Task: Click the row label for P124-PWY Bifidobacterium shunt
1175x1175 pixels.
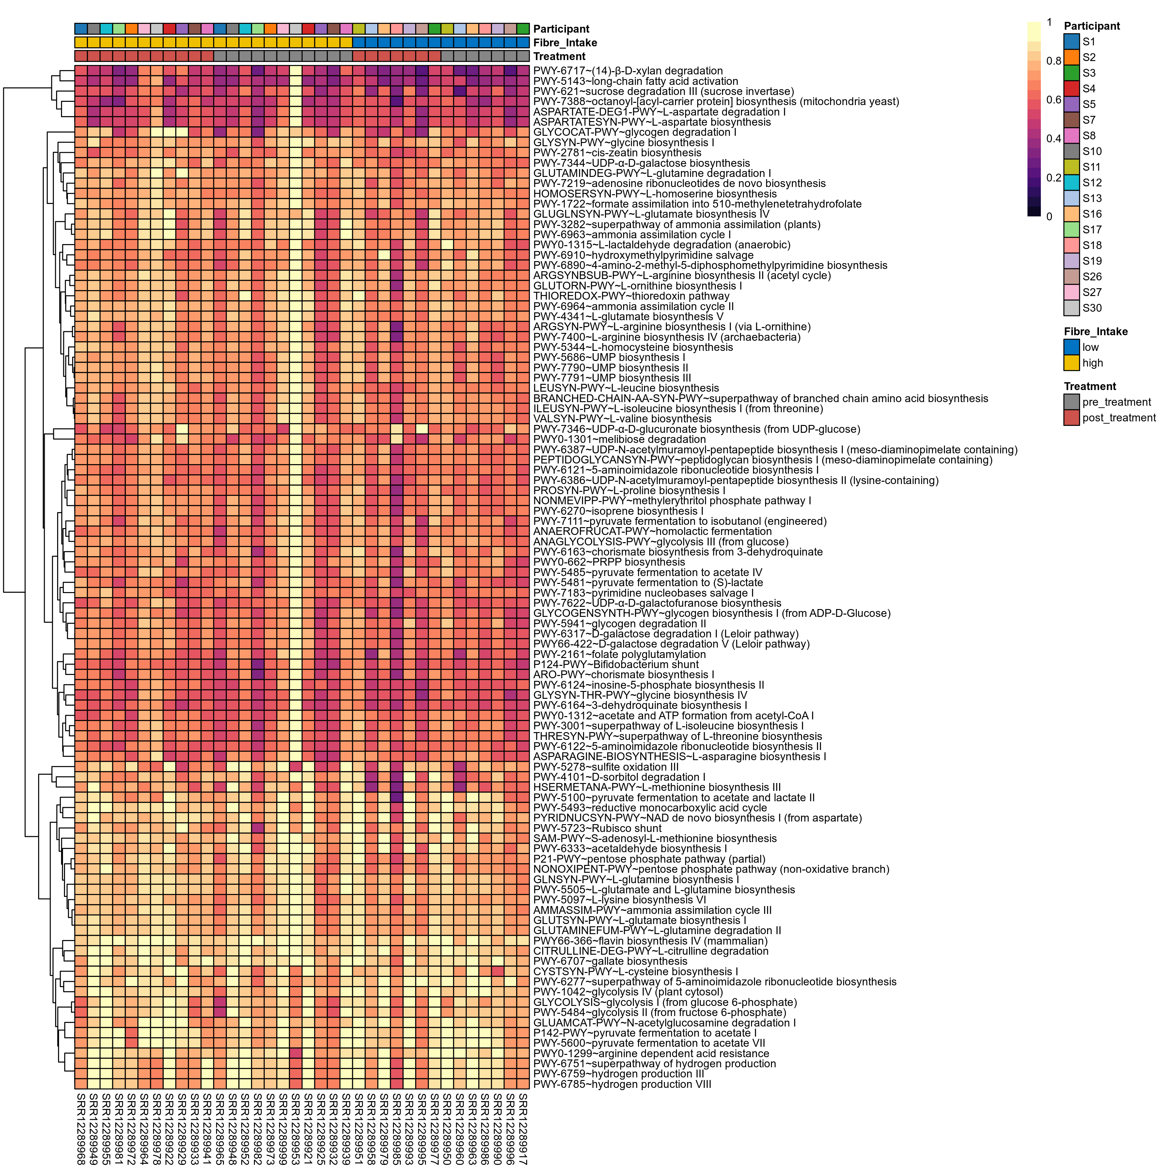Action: tap(616, 665)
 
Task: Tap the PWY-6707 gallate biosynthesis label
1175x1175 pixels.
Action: tap(610, 962)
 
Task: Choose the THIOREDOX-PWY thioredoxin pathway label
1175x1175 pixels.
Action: tap(631, 296)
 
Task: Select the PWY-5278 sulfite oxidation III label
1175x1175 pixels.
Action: tap(606, 767)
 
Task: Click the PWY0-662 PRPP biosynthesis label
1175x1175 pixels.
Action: tap(609, 562)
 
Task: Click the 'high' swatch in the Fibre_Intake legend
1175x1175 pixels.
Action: tap(1072, 363)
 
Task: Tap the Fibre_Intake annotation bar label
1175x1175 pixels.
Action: tap(565, 42)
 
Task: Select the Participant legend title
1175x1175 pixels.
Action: tap(1092, 26)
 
